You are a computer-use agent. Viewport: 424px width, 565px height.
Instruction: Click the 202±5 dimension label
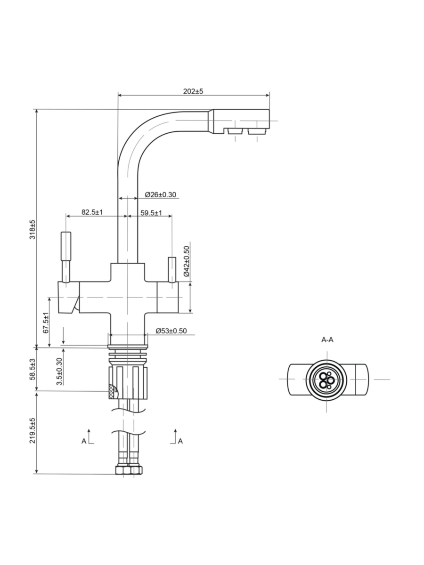[x=193, y=91]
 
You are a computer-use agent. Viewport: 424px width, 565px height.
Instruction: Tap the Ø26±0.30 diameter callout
[x=160, y=194]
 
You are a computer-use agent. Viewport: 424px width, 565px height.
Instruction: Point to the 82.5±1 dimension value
[x=92, y=212]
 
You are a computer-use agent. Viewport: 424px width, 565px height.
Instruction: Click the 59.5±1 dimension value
[x=151, y=213]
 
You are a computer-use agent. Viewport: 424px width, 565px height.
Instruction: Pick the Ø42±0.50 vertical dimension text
[x=186, y=261]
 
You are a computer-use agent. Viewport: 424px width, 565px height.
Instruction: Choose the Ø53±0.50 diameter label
[x=171, y=331]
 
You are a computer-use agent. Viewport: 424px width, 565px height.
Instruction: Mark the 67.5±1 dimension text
[x=46, y=323]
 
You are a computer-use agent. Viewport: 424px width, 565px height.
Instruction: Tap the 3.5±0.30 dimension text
[x=59, y=371]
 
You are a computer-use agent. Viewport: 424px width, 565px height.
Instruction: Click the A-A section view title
[x=327, y=339]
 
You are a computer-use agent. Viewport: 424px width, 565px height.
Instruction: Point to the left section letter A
[x=84, y=441]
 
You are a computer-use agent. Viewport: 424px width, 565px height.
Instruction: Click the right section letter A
[x=180, y=441]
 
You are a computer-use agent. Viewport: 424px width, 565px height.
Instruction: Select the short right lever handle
[x=172, y=267]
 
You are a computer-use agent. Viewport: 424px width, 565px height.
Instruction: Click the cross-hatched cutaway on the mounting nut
[x=113, y=390]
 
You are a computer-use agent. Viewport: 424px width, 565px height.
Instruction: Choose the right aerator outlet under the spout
[x=256, y=131]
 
